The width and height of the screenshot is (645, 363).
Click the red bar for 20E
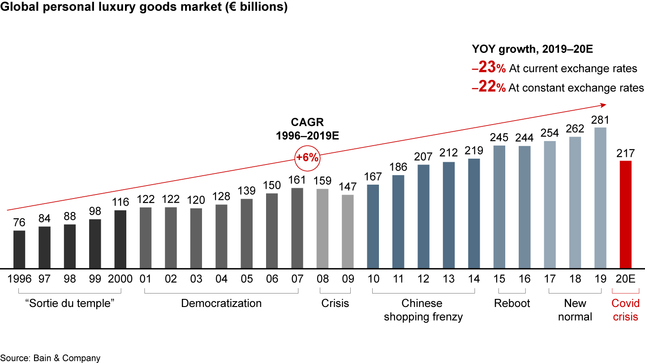pyautogui.click(x=625, y=214)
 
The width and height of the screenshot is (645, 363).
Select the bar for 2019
pyautogui.click(x=600, y=198)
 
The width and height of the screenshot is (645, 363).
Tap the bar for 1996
pyautogui.click(x=19, y=249)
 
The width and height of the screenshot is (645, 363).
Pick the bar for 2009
pyautogui.click(x=348, y=231)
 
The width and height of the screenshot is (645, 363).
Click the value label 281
pyautogui.click(x=600, y=120)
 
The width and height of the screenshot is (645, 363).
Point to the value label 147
pyautogui.click(x=348, y=187)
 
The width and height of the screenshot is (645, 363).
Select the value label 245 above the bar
pyautogui.click(x=499, y=138)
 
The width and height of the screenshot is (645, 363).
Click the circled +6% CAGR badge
pyautogui.click(x=307, y=157)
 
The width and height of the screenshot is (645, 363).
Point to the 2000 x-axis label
pyautogui.click(x=120, y=279)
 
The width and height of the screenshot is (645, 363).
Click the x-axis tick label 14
pyautogui.click(x=474, y=279)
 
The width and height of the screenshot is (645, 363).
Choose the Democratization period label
pyautogui.click(x=221, y=303)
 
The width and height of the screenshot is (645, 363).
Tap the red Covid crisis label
pyautogui.click(x=625, y=310)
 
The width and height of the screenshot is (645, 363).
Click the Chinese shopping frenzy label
pyautogui.click(x=423, y=310)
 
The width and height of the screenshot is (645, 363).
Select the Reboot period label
pyautogui.click(x=512, y=303)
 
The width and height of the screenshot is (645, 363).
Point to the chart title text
pyautogui.click(x=144, y=8)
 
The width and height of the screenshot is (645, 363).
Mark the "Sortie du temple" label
pyautogui.click(x=69, y=303)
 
